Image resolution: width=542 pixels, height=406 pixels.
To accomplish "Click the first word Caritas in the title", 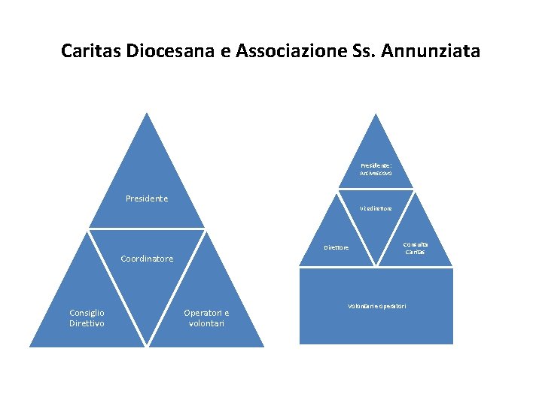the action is pyautogui.click(x=91, y=52).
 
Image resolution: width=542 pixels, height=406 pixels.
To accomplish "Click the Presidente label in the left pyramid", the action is pyautogui.click(x=147, y=199).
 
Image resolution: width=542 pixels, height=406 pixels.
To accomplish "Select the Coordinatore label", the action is pyautogui.click(x=147, y=259).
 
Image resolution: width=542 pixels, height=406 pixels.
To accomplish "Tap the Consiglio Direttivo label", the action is pyautogui.click(x=87, y=318).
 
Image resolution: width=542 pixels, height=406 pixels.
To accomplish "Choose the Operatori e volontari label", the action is pyautogui.click(x=207, y=318).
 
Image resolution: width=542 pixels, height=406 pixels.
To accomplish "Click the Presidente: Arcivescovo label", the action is pyautogui.click(x=376, y=169).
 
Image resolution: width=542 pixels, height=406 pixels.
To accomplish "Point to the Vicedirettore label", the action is pyautogui.click(x=376, y=208).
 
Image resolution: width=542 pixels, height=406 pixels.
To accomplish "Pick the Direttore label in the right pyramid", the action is pyautogui.click(x=336, y=247).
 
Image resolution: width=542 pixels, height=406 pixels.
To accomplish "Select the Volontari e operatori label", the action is pyautogui.click(x=376, y=306).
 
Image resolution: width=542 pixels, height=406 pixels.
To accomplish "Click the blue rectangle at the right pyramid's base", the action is pyautogui.click(x=376, y=327).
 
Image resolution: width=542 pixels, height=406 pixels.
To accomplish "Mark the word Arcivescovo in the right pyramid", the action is pyautogui.click(x=376, y=174).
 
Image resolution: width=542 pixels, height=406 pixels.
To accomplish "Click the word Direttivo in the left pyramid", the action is pyautogui.click(x=87, y=323).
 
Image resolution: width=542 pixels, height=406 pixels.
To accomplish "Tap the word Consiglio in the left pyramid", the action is pyautogui.click(x=87, y=313).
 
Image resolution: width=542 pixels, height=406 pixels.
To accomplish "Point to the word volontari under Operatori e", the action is pyautogui.click(x=207, y=323).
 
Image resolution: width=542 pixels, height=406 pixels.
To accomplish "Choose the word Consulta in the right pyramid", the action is pyautogui.click(x=416, y=244).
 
